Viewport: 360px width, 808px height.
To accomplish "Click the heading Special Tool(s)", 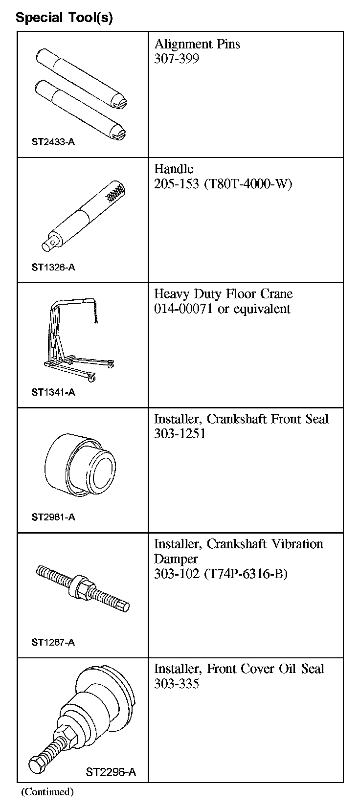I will point(64,18).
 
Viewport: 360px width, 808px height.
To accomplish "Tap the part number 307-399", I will point(177,59).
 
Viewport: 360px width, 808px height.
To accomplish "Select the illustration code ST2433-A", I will point(53,142).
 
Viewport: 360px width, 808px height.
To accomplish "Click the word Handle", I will point(174,169).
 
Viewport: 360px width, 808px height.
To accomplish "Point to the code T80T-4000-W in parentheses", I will point(248,184).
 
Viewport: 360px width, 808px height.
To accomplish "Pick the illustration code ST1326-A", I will point(53,268).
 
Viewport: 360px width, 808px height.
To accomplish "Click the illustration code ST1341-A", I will point(53,392).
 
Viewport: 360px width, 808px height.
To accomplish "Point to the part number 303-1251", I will point(180,434).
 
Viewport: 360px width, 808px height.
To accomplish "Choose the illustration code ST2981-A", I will point(53,517).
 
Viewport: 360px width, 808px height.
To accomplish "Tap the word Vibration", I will point(291,544).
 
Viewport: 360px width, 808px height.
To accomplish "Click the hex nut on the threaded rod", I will point(81,585).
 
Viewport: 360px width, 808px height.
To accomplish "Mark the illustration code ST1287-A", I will point(53,642).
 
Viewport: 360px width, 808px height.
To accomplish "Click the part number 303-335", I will point(177,684).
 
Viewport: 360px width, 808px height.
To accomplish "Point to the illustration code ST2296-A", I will point(111,773).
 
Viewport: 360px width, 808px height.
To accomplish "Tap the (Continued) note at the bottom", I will point(47,791).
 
